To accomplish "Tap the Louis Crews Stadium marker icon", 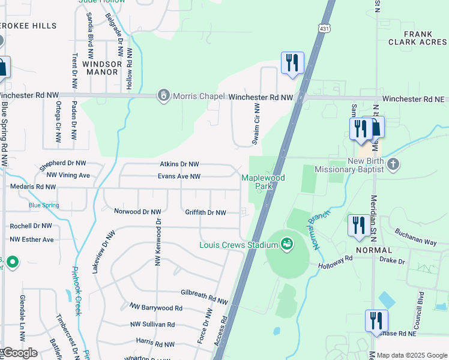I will point(286,244).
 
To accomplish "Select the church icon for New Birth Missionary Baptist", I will point(393,164).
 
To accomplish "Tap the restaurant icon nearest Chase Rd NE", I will point(376,321).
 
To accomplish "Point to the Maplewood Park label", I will point(263,182).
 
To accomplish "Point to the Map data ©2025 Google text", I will point(411,355).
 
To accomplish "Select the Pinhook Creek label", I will point(76,291).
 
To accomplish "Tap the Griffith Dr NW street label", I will point(205,212).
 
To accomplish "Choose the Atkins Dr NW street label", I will point(179,164).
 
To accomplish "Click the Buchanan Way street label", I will point(415,236).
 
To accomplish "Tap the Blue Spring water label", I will point(44,205).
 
